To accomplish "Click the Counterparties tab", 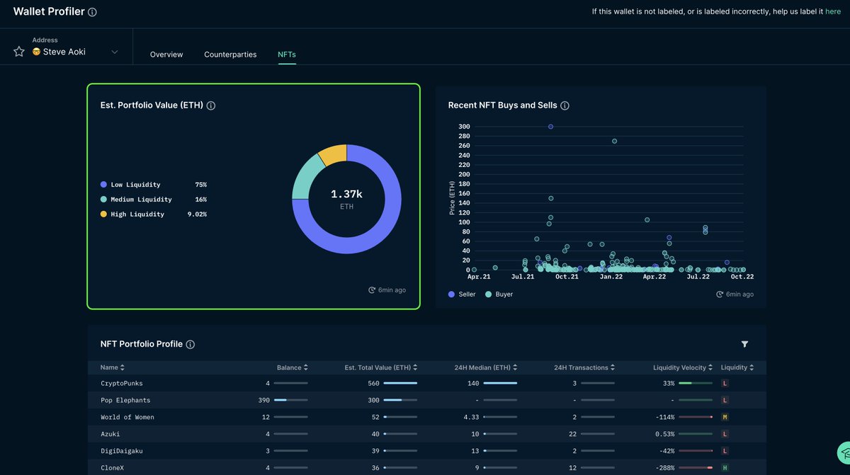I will tap(230, 55).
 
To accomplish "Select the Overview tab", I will tap(166, 55).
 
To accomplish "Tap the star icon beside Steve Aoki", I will tap(19, 52).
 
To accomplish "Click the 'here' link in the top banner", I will tap(833, 11).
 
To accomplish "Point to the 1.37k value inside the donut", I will tap(346, 194).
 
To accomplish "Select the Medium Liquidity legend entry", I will tap(141, 200).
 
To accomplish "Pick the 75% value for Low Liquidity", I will tap(200, 185).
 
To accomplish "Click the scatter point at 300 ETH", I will tap(550, 127).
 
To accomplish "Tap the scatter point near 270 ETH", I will tap(614, 141).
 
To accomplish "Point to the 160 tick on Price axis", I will tap(464, 193).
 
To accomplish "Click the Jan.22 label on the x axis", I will tap(611, 277).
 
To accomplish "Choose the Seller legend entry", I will tap(463, 294).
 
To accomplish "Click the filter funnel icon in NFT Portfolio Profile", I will tap(744, 344).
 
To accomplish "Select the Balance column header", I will tap(289, 367).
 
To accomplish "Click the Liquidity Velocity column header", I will tap(679, 367).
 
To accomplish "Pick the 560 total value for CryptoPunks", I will tap(373, 383).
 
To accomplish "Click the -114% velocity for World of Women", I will tap(664, 417).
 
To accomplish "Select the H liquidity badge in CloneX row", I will tap(725, 468).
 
